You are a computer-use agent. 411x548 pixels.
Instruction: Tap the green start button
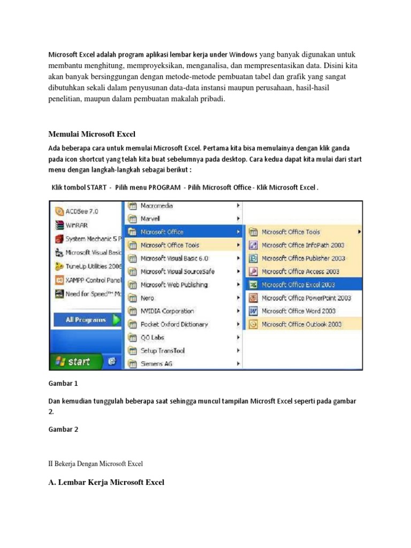(75, 362)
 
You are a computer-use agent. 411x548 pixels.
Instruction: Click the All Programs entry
(86, 320)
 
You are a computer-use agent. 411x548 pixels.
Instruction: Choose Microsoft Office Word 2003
(298, 311)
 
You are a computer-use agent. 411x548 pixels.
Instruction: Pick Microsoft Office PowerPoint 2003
(306, 298)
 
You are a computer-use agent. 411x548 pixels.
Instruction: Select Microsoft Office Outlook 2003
(301, 324)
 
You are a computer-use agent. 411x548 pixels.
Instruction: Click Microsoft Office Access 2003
(300, 271)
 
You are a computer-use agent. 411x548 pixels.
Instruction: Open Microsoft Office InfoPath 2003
(302, 245)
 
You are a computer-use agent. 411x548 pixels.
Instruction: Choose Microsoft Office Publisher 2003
(303, 258)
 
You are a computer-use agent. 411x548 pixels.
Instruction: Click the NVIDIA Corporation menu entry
(167, 311)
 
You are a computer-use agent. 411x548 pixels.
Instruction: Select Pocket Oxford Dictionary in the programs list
(174, 324)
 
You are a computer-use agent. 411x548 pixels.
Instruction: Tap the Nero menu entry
(147, 298)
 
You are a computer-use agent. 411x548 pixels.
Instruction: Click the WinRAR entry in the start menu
(77, 225)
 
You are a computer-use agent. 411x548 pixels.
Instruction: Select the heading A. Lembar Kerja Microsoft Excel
(106, 482)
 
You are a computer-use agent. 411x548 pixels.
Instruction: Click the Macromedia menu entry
(156, 205)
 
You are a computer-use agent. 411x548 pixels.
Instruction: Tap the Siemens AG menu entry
(157, 364)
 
